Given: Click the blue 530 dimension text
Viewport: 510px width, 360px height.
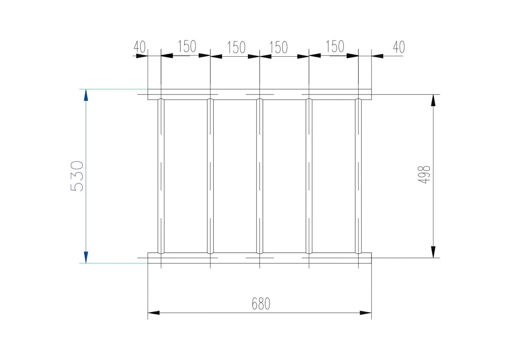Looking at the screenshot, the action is (x=77, y=176).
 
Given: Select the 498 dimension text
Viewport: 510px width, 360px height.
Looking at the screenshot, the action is (x=424, y=174).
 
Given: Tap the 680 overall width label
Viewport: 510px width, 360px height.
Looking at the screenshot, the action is (x=261, y=304).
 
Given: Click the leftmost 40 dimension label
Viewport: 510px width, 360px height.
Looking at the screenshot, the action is (x=139, y=47).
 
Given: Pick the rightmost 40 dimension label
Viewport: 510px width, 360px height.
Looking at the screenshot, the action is (x=399, y=47).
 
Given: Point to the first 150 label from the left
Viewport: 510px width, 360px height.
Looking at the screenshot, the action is (x=187, y=46).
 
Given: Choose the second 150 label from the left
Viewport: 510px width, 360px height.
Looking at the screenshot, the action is (x=236, y=47).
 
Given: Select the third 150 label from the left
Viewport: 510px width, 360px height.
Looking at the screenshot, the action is (x=278, y=47).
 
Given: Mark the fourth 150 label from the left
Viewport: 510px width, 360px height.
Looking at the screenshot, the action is (x=335, y=46).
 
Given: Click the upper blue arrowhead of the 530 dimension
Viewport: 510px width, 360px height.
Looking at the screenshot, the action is (x=86, y=95).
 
